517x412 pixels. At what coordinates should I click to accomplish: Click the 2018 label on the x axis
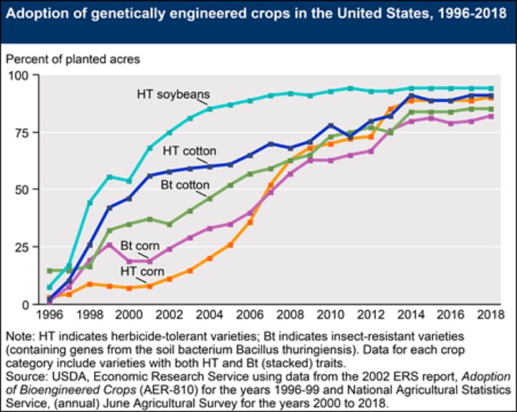pyautogui.click(x=490, y=316)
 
